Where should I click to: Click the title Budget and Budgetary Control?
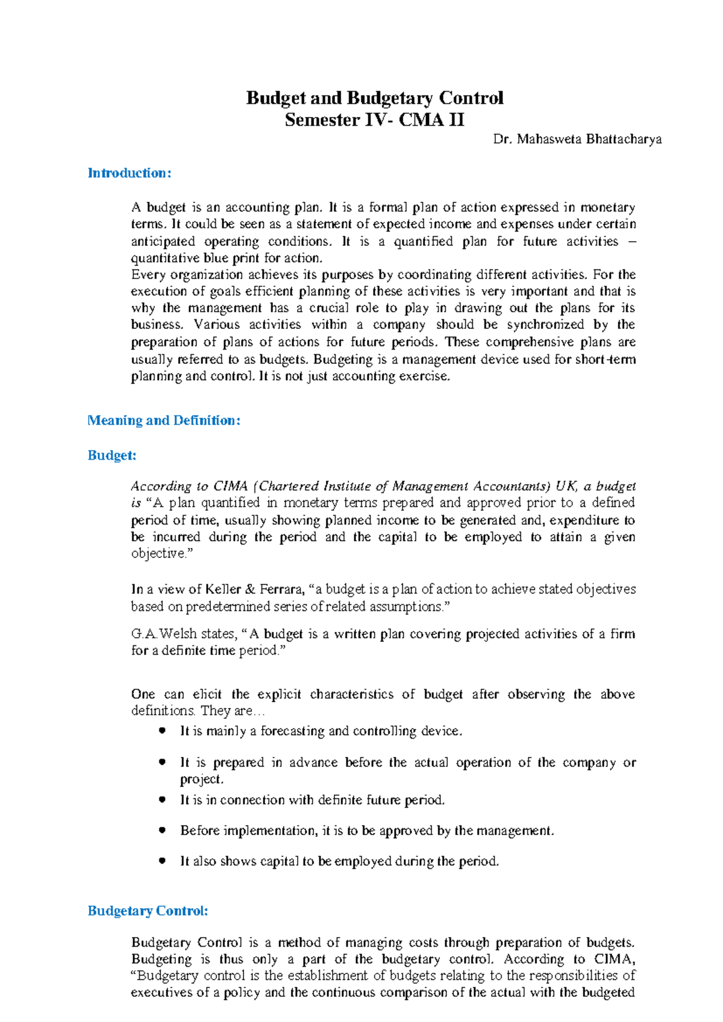coord(374,98)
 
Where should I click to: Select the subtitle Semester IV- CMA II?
coord(374,120)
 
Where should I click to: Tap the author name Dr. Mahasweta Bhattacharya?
coord(577,140)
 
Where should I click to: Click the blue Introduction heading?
coord(130,174)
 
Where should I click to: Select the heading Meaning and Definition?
coord(164,421)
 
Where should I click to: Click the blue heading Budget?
coord(112,456)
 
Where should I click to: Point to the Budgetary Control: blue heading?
coord(148,911)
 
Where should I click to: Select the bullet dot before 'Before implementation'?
coord(162,830)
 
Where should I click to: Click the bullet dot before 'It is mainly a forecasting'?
coord(162,730)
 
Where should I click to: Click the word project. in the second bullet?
coord(202,779)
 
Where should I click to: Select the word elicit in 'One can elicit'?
coord(207,694)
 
